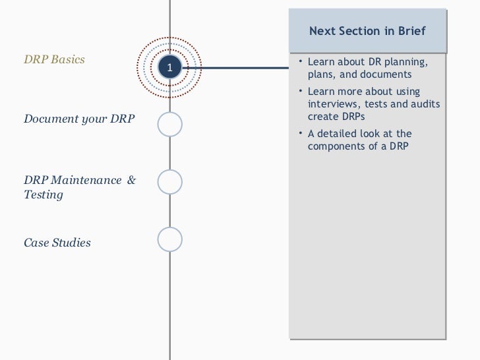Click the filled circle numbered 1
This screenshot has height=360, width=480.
pyautogui.click(x=169, y=67)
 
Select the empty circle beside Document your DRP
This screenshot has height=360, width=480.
pyautogui.click(x=169, y=124)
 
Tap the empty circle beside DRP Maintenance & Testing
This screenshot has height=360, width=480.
pyautogui.click(x=169, y=182)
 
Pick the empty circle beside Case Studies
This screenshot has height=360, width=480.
pyautogui.click(x=169, y=239)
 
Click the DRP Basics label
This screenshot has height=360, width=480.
pyautogui.click(x=54, y=59)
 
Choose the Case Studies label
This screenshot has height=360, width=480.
pyautogui.click(x=57, y=243)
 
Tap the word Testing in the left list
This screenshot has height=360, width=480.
pyautogui.click(x=44, y=195)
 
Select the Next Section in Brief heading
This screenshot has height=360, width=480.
pyautogui.click(x=367, y=31)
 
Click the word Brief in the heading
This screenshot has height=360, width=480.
pyautogui.click(x=411, y=31)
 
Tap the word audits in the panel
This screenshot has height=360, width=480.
pyautogui.click(x=426, y=104)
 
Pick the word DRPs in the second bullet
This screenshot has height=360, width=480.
pyautogui.click(x=354, y=116)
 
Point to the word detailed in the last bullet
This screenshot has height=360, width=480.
pyautogui.click(x=340, y=134)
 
